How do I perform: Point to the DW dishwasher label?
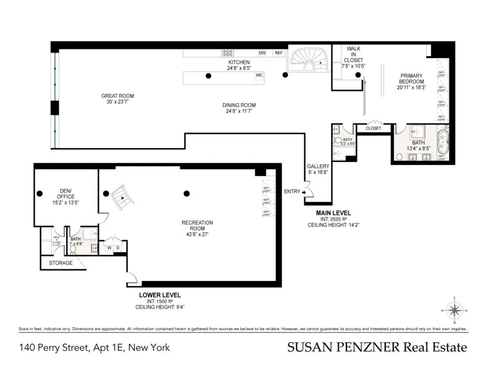point(262,53)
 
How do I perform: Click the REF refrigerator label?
point(278,53)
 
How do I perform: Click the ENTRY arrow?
point(304,192)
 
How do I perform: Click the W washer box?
point(109,248)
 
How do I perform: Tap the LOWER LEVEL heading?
point(159,295)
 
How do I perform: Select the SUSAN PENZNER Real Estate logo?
point(377,348)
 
